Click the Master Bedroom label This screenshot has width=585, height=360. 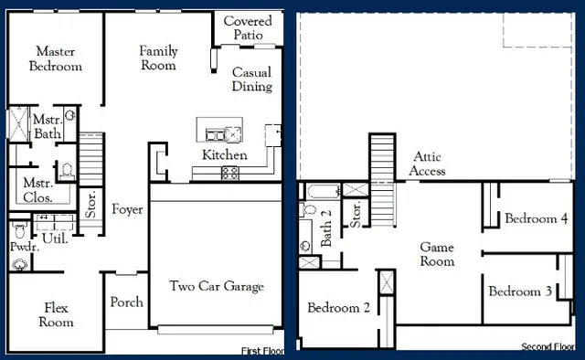pyautogui.click(x=56, y=58)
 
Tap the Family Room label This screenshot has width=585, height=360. pyautogui.click(x=158, y=58)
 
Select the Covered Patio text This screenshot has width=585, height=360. pyautogui.click(x=247, y=27)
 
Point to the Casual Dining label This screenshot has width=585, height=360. pyautogui.click(x=251, y=79)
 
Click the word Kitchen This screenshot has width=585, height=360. pyautogui.click(x=224, y=154)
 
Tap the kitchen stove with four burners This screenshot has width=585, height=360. pyautogui.click(x=230, y=172)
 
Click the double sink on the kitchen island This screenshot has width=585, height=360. pyautogui.click(x=220, y=133)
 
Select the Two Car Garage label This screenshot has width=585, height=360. pyautogui.click(x=217, y=286)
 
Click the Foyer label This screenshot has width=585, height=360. pyautogui.click(x=127, y=210)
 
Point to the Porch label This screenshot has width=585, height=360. pyautogui.click(x=126, y=302)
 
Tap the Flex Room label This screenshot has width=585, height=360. pyautogui.click(x=55, y=315)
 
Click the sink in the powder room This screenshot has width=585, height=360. pyautogui.click(x=19, y=264)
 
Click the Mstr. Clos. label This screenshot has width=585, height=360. pyautogui.click(x=37, y=189)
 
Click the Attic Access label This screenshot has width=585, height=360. pyautogui.click(x=428, y=164)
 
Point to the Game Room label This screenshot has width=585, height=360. pyautogui.click(x=437, y=254)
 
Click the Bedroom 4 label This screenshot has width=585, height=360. pyautogui.click(x=537, y=219)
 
